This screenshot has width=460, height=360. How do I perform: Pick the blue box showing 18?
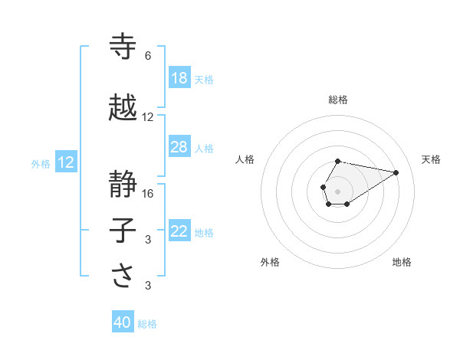[179, 78]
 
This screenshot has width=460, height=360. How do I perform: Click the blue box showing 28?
[179, 147]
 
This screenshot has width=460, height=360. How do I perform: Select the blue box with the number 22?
[179, 231]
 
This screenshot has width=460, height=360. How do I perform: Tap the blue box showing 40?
[123, 322]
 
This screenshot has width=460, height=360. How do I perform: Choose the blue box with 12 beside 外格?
[66, 162]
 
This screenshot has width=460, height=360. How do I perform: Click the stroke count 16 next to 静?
[148, 193]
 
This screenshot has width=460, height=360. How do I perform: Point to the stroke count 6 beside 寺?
[148, 56]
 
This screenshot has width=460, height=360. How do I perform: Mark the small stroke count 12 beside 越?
[148, 117]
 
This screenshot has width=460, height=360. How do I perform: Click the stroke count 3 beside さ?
[148, 286]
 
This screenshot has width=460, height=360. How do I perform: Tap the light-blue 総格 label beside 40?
[147, 324]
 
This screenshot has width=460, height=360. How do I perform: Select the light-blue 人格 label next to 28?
[204, 148]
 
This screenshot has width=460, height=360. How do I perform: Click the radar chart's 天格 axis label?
[431, 159]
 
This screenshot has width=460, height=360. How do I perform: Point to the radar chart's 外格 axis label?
[270, 262]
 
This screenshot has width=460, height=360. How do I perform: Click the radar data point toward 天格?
[396, 172]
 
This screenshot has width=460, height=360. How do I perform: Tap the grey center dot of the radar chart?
[337, 190]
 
